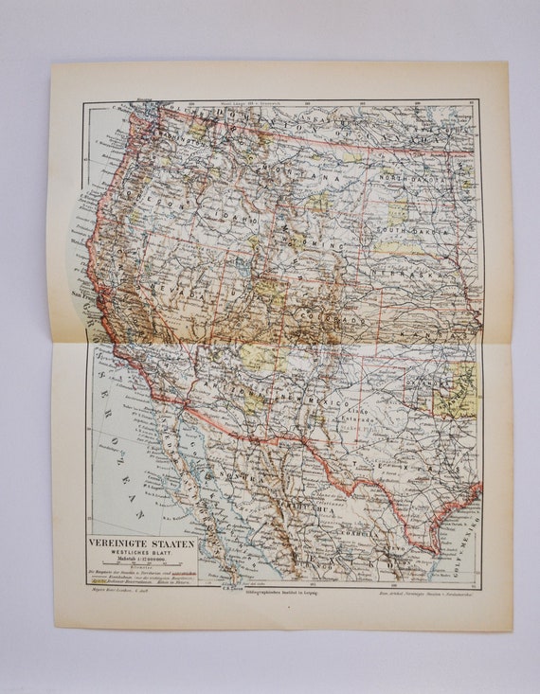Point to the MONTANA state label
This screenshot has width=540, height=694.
pyautogui.click(x=301, y=177)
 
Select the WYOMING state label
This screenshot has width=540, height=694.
pyautogui.click(x=313, y=243)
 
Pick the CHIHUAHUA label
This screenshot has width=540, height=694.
pyautogui.click(x=304, y=490)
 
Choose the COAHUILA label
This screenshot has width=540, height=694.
pyautogui.click(x=369, y=516)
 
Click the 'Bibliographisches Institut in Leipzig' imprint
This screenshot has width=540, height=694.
pyautogui.click(x=281, y=592)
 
